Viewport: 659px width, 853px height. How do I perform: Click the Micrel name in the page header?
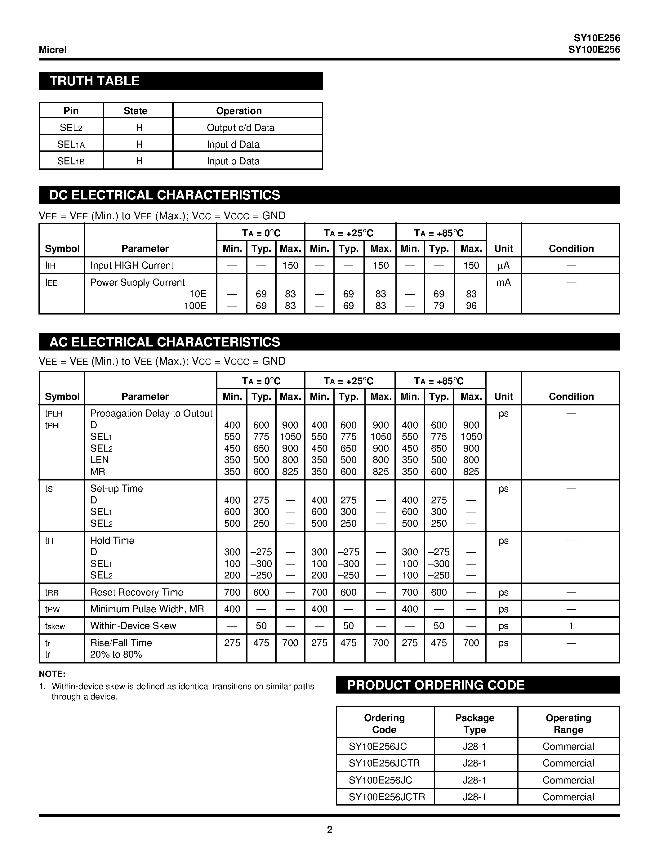point(53,50)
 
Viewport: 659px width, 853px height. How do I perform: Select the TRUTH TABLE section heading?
point(95,81)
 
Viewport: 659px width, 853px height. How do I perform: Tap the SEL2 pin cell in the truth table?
point(71,128)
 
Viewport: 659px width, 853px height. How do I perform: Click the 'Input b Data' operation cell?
point(233,161)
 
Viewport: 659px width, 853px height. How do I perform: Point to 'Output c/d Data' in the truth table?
point(240,128)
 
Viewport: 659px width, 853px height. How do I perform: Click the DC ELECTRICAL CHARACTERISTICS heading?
point(164,195)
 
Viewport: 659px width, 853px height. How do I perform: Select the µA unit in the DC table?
point(503,266)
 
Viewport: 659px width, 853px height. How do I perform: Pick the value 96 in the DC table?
point(471,306)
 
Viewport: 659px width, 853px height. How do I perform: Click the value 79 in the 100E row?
point(439,306)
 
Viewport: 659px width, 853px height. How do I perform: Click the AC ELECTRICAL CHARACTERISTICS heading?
point(164,342)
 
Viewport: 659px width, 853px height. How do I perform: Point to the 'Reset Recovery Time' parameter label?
point(137,592)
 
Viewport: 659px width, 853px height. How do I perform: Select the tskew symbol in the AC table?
point(55,626)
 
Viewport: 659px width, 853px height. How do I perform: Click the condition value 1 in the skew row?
point(571,626)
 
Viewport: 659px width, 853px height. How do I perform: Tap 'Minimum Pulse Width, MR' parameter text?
point(147,609)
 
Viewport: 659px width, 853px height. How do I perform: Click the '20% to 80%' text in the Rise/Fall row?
point(116,654)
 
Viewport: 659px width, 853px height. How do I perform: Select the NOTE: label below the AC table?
point(52,674)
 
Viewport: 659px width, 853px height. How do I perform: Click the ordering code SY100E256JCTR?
point(386,797)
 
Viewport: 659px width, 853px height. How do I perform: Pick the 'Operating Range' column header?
point(568,724)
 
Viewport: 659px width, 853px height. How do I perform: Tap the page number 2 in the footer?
point(329,829)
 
